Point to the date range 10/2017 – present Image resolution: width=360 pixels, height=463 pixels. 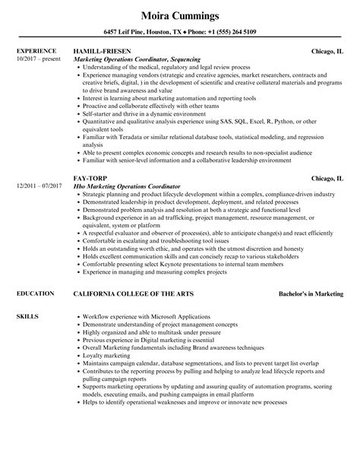(x=39, y=59)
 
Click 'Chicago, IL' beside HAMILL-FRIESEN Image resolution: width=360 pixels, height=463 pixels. (x=327, y=51)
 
